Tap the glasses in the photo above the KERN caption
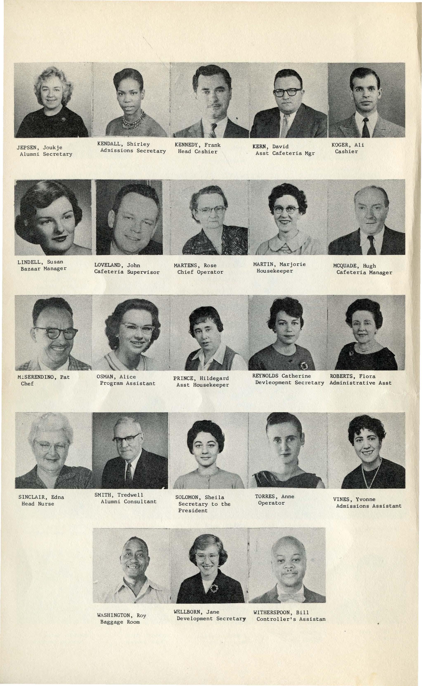[x=287, y=92]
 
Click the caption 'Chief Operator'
[x=200, y=272]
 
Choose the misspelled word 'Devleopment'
[x=273, y=383]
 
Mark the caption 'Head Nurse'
[x=38, y=504]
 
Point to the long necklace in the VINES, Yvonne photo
[x=371, y=478]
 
